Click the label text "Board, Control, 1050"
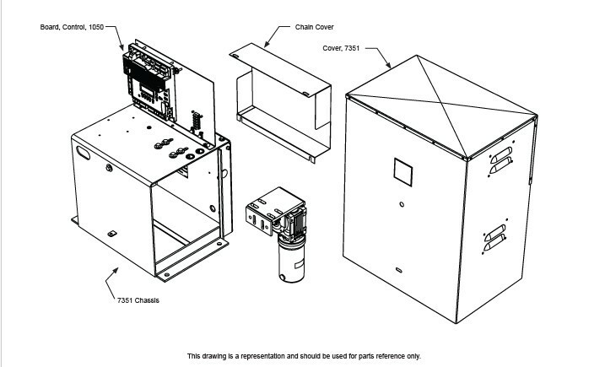[x=72, y=28]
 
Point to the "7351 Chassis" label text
[x=139, y=300]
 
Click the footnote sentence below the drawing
[x=304, y=355]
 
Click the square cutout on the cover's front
[x=404, y=173]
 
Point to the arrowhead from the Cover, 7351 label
[x=388, y=65]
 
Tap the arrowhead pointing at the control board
[x=123, y=47]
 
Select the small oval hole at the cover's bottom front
[x=398, y=270]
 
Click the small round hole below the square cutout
[x=402, y=205]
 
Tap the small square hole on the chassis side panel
[x=111, y=233]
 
